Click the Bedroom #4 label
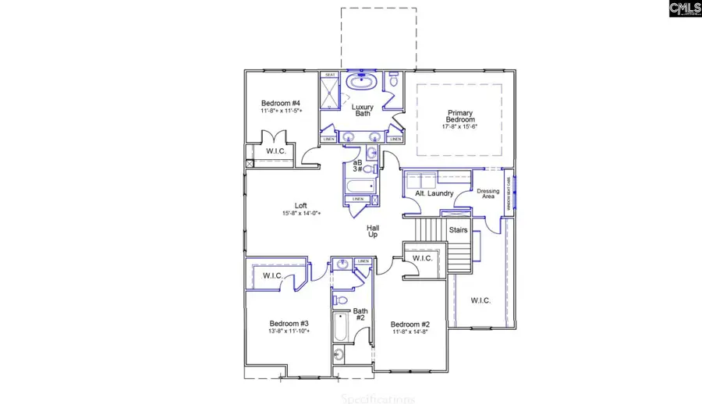coord(281,104)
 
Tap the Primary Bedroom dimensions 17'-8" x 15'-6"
coord(459,126)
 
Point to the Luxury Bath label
coord(363,110)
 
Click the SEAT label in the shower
coord(331,75)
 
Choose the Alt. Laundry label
coord(434,193)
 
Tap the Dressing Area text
coord(487,193)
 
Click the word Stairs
coord(459,230)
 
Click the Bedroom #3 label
coord(289,323)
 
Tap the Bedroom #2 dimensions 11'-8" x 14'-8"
coord(410,331)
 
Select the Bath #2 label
coord(360,314)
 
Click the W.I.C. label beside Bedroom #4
coord(275,151)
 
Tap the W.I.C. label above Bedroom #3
coord(272,275)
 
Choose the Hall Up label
coord(374,231)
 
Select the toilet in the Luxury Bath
coord(394,80)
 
